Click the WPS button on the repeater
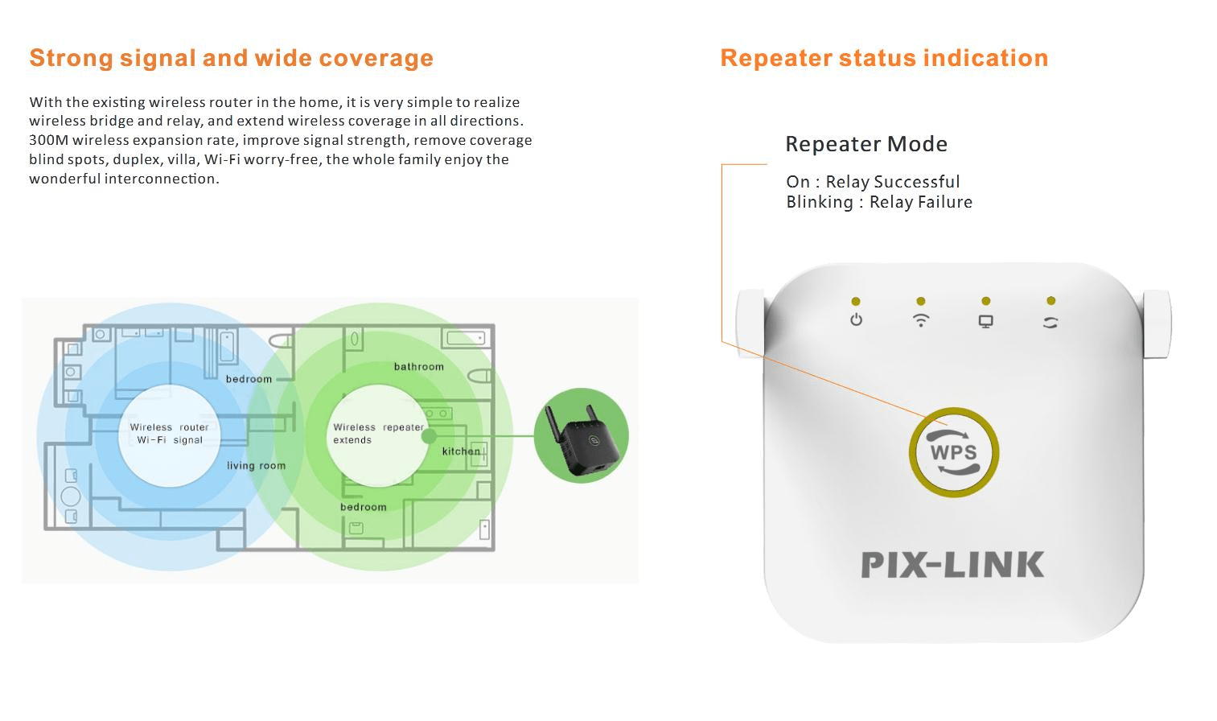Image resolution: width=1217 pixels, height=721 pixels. [953, 451]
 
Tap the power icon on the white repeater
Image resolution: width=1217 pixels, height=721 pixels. [856, 320]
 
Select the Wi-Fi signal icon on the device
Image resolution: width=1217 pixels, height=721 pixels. [921, 320]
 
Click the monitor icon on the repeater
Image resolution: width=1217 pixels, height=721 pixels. [985, 321]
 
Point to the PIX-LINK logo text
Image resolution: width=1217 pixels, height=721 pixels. [952, 565]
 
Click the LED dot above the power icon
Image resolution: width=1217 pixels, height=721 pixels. [856, 302]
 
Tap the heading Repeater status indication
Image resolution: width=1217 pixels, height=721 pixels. [884, 58]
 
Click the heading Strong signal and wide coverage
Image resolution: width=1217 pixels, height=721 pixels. [231, 58]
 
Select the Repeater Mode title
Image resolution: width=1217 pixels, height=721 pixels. [865, 144]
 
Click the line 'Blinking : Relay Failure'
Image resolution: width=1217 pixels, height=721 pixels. [878, 202]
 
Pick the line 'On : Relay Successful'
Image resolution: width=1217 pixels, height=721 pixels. [873, 182]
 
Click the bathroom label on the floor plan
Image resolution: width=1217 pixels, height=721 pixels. [418, 367]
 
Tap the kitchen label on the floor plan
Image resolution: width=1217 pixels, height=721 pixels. [460, 451]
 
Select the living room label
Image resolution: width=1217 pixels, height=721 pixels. [256, 465]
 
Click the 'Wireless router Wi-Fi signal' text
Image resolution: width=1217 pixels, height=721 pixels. [169, 434]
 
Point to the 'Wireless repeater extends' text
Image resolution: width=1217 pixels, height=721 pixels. [377, 434]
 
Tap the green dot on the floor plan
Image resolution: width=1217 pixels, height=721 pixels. [430, 436]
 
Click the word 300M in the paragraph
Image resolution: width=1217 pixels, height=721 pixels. [48, 140]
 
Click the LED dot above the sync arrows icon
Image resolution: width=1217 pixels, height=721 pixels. [1050, 301]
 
